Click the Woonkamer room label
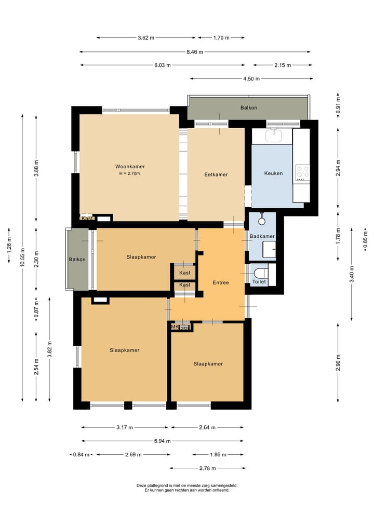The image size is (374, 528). (130, 166)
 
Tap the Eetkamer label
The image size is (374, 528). (216, 174)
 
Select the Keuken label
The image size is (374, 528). (274, 173)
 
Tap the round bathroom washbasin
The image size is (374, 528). (262, 221)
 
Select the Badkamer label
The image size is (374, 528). (262, 236)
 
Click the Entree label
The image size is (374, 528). (221, 282)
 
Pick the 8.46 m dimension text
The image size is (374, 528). (195, 52)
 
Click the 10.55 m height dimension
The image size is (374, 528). (22, 258)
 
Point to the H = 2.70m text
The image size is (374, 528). (129, 174)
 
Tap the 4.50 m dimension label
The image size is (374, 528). (251, 79)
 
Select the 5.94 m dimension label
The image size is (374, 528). (163, 441)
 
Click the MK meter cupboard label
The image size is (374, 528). (175, 327)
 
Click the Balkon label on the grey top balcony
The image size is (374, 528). (249, 108)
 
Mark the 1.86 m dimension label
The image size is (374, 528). (218, 455)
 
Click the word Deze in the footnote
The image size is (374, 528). (141, 485)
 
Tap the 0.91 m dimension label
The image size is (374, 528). (338, 105)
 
